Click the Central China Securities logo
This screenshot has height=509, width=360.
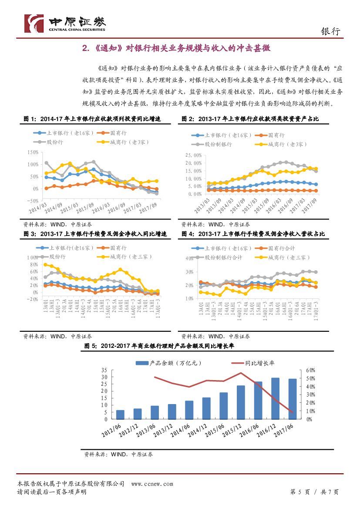pos(65,22)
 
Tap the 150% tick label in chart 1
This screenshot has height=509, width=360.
pos(33,152)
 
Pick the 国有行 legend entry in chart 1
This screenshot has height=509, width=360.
pos(113,133)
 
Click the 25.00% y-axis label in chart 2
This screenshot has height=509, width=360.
pos(192,155)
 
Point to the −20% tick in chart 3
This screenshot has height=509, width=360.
pos(32,299)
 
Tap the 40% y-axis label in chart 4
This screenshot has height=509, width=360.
pos(189,258)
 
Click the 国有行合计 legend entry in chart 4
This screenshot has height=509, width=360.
pos(282,248)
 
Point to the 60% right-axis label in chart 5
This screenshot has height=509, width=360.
pos(310,370)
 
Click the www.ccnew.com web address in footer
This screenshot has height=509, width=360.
pos(152,484)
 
